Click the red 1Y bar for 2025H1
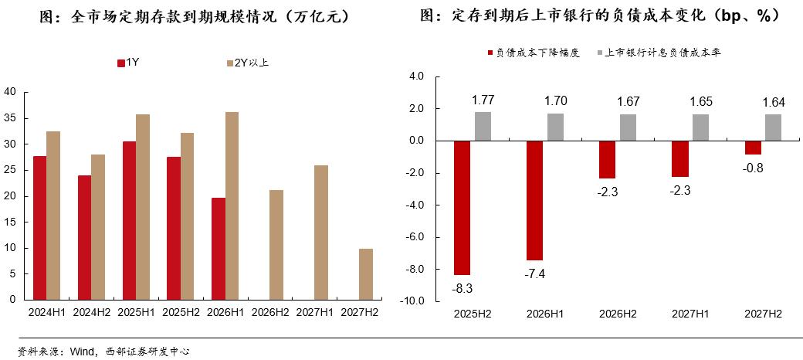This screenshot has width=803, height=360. [129, 220]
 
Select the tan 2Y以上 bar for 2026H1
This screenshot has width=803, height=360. [232, 205]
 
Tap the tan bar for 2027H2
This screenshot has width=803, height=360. [367, 273]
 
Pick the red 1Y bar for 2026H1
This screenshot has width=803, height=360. [219, 248]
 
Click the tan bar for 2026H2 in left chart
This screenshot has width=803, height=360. [277, 244]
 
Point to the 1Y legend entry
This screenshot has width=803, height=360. [128, 63]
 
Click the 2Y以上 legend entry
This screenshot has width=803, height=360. [247, 63]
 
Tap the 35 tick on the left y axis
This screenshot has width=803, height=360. [10, 118]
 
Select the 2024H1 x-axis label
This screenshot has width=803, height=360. [46, 313]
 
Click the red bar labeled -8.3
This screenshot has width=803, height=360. [462, 208]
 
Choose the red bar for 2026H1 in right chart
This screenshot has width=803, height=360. [535, 200]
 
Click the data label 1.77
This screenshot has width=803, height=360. [483, 100]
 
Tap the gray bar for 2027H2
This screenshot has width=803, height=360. [773, 127]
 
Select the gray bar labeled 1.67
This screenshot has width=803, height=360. [628, 127]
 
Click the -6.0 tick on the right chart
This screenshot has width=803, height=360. [415, 237]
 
